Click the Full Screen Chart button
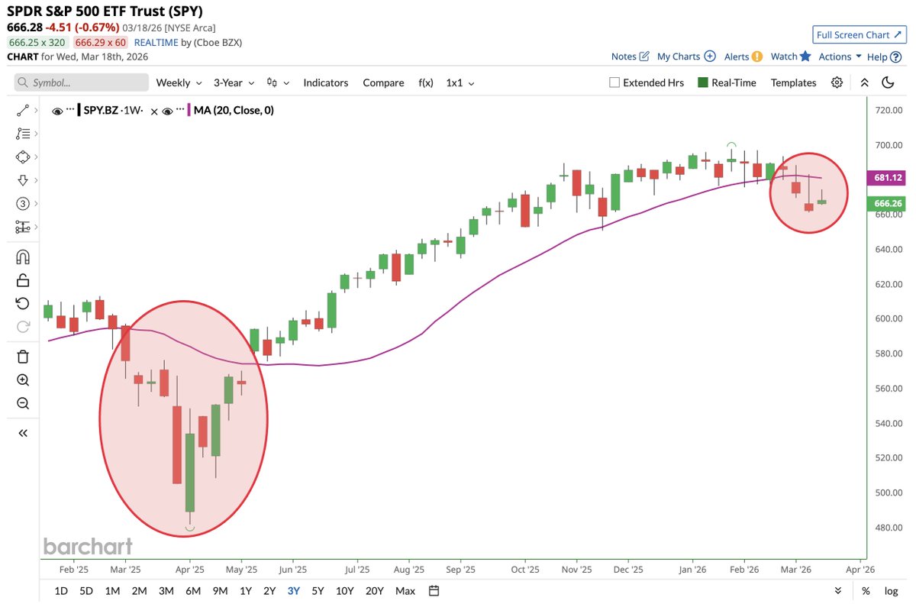[858, 35]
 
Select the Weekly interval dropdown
[179, 82]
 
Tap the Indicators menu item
[325, 82]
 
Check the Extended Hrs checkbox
[614, 82]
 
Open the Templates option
[793, 82]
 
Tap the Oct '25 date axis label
[524, 569]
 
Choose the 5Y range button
[318, 590]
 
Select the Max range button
[405, 590]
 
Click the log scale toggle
[891, 590]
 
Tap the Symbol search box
[81, 82]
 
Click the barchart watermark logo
[88, 546]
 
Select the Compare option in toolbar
[383, 82]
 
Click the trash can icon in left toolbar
[23, 356]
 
